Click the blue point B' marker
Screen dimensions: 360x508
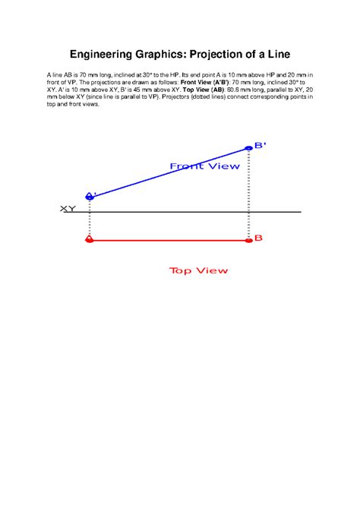pyautogui.click(x=248, y=148)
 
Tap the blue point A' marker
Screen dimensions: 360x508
pyautogui.click(x=90, y=197)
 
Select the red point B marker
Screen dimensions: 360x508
pyautogui.click(x=248, y=240)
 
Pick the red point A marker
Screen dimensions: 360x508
pyautogui.click(x=90, y=240)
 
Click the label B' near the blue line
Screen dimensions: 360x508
pyautogui.click(x=260, y=145)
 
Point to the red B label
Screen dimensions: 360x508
pyautogui.click(x=258, y=238)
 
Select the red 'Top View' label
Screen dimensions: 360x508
pyautogui.click(x=198, y=270)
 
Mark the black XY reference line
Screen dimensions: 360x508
pyautogui.click(x=190, y=212)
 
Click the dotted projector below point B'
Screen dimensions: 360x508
pyautogui.click(x=248, y=190)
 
